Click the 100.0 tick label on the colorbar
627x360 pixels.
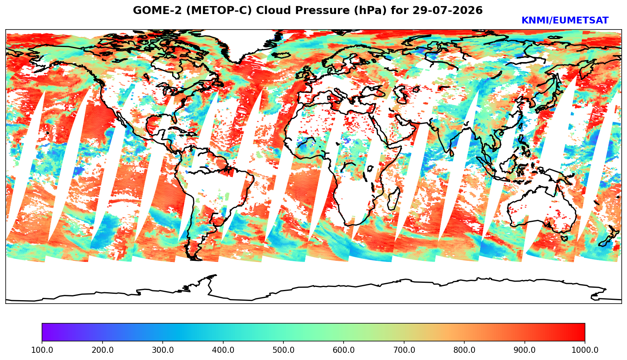click(x=42, y=350)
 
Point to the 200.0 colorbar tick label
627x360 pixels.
click(x=103, y=350)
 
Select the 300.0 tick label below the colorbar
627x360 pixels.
click(x=163, y=350)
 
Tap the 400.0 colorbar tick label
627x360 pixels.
click(x=223, y=350)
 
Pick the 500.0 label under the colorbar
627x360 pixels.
click(x=283, y=350)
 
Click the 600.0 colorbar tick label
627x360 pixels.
click(x=344, y=350)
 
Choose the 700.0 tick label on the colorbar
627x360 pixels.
click(x=404, y=350)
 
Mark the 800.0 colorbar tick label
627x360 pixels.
click(x=464, y=350)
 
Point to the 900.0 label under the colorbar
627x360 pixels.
click(x=524, y=350)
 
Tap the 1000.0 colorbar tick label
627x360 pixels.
click(x=585, y=350)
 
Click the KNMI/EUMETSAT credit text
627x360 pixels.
click(x=565, y=20)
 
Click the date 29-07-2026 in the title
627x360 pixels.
click(x=448, y=10)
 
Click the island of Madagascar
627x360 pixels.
click(x=393, y=199)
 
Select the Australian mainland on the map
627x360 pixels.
click(x=541, y=209)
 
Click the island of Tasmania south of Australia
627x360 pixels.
click(x=564, y=238)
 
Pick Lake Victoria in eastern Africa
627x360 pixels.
click(x=370, y=168)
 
